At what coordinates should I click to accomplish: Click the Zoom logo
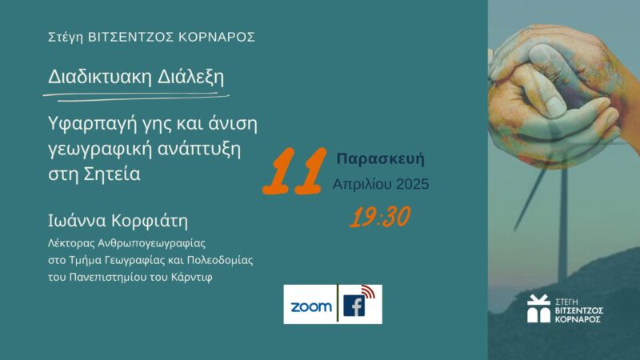click(311, 306)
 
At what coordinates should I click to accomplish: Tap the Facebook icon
click(354, 306)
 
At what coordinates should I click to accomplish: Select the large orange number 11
click(294, 171)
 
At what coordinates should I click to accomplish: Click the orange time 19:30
click(379, 216)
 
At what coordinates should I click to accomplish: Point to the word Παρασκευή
click(381, 158)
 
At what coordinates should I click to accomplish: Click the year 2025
click(413, 184)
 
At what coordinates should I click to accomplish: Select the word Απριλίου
click(362, 185)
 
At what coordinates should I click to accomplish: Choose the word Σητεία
click(111, 174)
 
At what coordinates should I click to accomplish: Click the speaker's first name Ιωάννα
click(77, 221)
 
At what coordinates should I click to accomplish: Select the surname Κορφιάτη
click(150, 221)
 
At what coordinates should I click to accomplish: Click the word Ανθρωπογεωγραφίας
click(151, 244)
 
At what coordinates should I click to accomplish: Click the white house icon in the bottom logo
click(538, 309)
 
